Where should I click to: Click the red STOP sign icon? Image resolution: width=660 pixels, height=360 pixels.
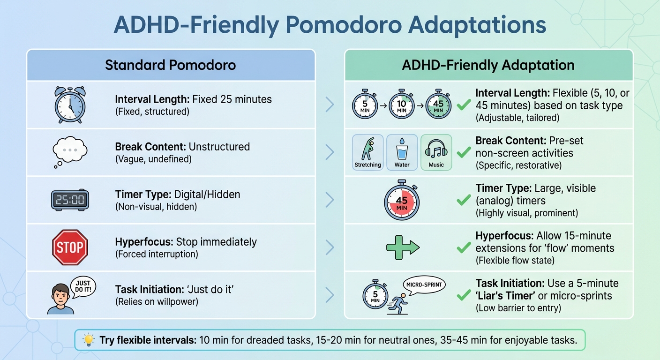70,247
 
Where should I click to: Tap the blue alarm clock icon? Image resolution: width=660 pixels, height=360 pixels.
70,105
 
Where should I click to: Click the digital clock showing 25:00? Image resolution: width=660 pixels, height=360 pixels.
70,200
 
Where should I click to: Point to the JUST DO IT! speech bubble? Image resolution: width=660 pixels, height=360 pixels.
82,286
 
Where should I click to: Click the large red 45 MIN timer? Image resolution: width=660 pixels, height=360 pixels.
402,200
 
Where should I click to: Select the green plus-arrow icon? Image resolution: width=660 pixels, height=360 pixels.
402,247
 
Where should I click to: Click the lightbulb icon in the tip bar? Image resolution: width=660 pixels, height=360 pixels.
88,340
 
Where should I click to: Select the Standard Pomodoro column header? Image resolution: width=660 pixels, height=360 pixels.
170,65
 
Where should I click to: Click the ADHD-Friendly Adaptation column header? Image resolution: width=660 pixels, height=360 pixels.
488,65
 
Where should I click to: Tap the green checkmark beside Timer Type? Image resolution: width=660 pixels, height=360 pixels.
463,200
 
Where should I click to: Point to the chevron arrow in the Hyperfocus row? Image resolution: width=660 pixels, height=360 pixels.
330,247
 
